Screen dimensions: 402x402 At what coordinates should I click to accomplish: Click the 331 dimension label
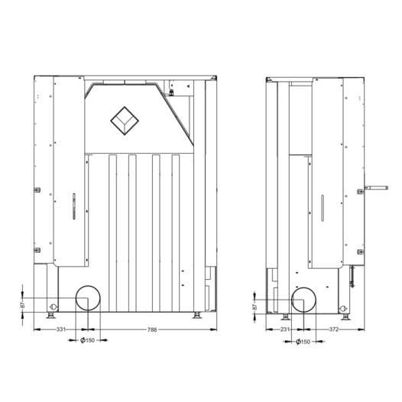point(61,329)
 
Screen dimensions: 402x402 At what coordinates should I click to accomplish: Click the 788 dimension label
point(152,329)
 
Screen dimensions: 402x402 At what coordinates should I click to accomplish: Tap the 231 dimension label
point(285,329)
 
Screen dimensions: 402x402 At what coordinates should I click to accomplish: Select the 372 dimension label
point(334,329)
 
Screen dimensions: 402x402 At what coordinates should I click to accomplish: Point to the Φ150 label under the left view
point(87,340)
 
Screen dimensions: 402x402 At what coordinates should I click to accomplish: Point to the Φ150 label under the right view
point(303,342)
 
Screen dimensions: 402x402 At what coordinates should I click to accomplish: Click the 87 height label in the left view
point(23,305)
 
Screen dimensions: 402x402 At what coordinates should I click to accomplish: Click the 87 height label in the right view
point(254,306)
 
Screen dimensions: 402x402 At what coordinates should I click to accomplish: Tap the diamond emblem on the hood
point(125,121)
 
